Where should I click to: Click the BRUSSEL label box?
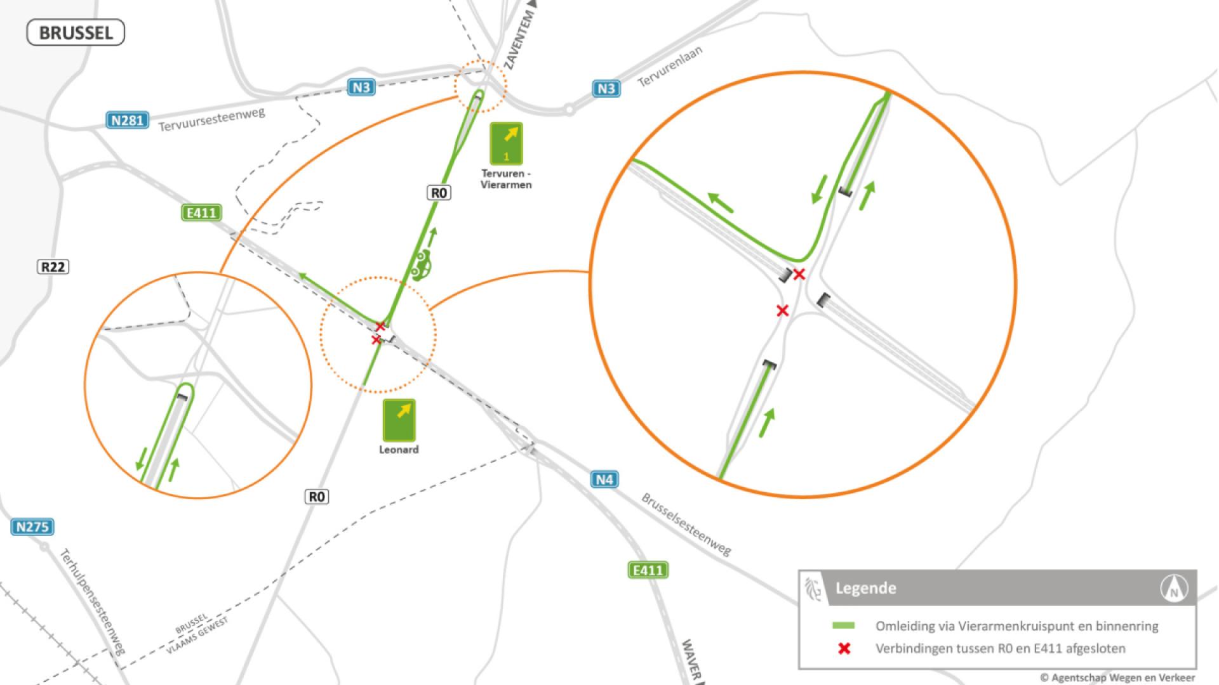[x=76, y=33]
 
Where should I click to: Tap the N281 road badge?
[x=128, y=120]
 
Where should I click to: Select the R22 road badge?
[x=53, y=267]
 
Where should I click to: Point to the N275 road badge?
[x=32, y=526]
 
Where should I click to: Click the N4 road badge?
[x=604, y=480]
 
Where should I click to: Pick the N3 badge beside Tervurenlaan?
[x=606, y=89]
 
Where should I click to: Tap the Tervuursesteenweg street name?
[x=211, y=119]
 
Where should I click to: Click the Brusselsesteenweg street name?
[x=686, y=525]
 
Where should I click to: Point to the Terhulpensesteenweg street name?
[x=92, y=602]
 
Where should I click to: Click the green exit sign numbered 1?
[x=506, y=143]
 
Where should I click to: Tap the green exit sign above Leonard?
[x=399, y=420]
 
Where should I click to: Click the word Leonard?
[x=399, y=450]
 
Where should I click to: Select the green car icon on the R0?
[x=420, y=264]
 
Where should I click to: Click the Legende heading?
[x=865, y=588]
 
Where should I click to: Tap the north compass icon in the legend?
[x=1173, y=589]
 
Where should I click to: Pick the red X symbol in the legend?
[x=844, y=649]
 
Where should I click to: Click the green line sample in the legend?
[x=843, y=626]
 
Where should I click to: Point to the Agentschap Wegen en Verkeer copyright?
[x=1117, y=677]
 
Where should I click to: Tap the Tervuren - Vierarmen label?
[x=506, y=179]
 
